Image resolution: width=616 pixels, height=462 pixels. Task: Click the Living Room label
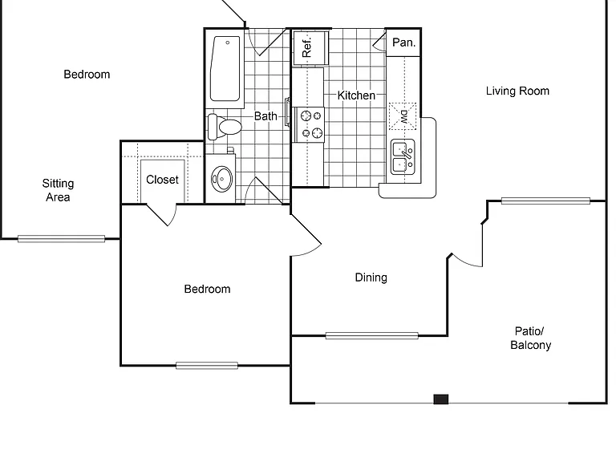click(x=517, y=91)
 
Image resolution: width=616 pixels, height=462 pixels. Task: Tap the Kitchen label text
click(x=356, y=95)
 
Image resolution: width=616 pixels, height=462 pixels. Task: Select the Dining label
click(x=371, y=278)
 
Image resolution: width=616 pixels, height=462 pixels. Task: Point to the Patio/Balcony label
click(x=530, y=338)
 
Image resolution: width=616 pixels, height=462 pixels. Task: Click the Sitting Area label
click(x=58, y=190)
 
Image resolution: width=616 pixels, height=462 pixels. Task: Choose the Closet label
click(x=162, y=180)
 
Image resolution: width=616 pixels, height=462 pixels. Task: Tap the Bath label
click(x=265, y=116)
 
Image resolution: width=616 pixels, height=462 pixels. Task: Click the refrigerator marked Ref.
click(x=310, y=47)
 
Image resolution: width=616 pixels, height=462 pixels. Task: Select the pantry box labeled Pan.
click(x=403, y=43)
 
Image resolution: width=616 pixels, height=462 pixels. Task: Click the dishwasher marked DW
click(x=403, y=116)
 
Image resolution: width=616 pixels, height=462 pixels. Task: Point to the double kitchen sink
click(x=403, y=156)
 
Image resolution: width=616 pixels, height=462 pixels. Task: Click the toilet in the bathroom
click(x=225, y=127)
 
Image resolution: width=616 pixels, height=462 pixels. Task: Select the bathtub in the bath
click(x=225, y=69)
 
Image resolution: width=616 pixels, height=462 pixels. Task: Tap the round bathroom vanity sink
click(x=221, y=179)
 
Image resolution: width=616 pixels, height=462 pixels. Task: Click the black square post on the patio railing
click(x=441, y=399)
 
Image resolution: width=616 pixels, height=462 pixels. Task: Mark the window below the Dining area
click(x=371, y=335)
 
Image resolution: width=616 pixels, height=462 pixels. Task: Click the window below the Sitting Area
click(x=61, y=238)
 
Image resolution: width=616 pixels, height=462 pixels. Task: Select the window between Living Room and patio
click(x=545, y=201)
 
